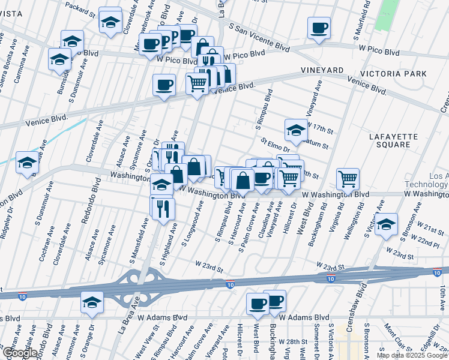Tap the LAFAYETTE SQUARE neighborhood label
click(x=394, y=141)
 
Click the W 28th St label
click(x=296, y=341)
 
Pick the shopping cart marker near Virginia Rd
click(x=348, y=178)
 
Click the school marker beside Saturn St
click(x=296, y=129)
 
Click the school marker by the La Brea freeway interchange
click(x=92, y=302)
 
